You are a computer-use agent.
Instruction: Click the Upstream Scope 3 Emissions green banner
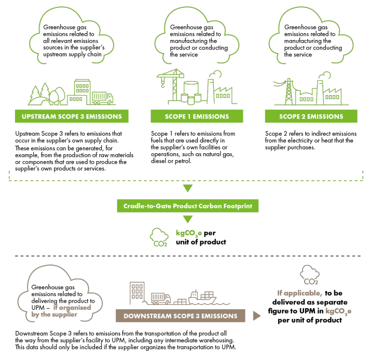coord(72,116)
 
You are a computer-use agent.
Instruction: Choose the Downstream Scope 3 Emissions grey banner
coord(181,316)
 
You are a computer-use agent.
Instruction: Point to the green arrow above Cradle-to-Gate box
coord(187,188)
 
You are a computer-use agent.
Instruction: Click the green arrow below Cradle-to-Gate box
coord(187,220)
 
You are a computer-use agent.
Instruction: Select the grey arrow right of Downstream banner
coord(256,316)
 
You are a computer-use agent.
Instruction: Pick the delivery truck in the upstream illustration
coord(102,97)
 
